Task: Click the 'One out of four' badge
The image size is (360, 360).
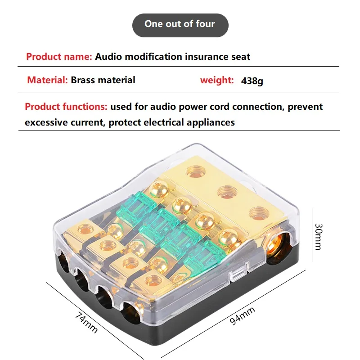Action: (x=180, y=24)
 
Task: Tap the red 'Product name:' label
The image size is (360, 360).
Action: (x=59, y=57)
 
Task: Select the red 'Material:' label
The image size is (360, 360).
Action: (x=47, y=81)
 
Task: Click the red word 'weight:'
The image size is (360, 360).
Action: (x=217, y=81)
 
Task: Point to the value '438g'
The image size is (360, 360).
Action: (x=252, y=81)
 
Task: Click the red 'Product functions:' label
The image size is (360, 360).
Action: (x=66, y=107)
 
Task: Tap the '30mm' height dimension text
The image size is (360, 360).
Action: (x=318, y=237)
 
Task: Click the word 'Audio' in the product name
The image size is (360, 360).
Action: (x=108, y=57)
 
